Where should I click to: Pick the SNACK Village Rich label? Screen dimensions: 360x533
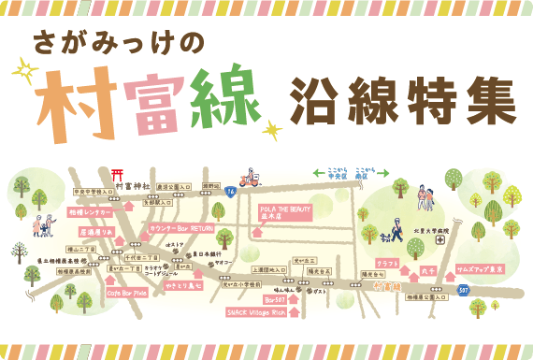259,313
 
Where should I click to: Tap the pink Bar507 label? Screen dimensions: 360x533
273,300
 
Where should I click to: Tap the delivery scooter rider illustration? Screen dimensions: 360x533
248,179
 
